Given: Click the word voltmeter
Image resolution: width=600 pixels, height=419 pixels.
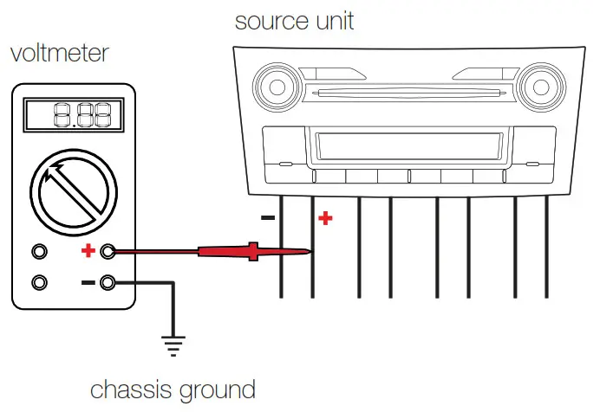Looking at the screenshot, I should coord(59,53).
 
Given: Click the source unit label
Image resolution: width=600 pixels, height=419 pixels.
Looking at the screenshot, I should coord(294,21).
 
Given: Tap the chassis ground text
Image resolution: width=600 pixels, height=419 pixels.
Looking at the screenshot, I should coord(173,390).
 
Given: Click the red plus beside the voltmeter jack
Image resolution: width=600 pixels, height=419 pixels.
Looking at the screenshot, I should coord(88,251).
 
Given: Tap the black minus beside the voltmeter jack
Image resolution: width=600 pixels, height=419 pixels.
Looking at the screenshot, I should coord(88,282).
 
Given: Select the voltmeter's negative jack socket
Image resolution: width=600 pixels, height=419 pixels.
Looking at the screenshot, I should coord(108,282).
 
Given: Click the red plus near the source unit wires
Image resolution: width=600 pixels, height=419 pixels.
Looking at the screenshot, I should coord(325,218).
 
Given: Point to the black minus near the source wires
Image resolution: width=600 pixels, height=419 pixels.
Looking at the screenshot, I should coord(269,218).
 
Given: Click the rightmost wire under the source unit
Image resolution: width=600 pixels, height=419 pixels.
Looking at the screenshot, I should coord(546,247).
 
